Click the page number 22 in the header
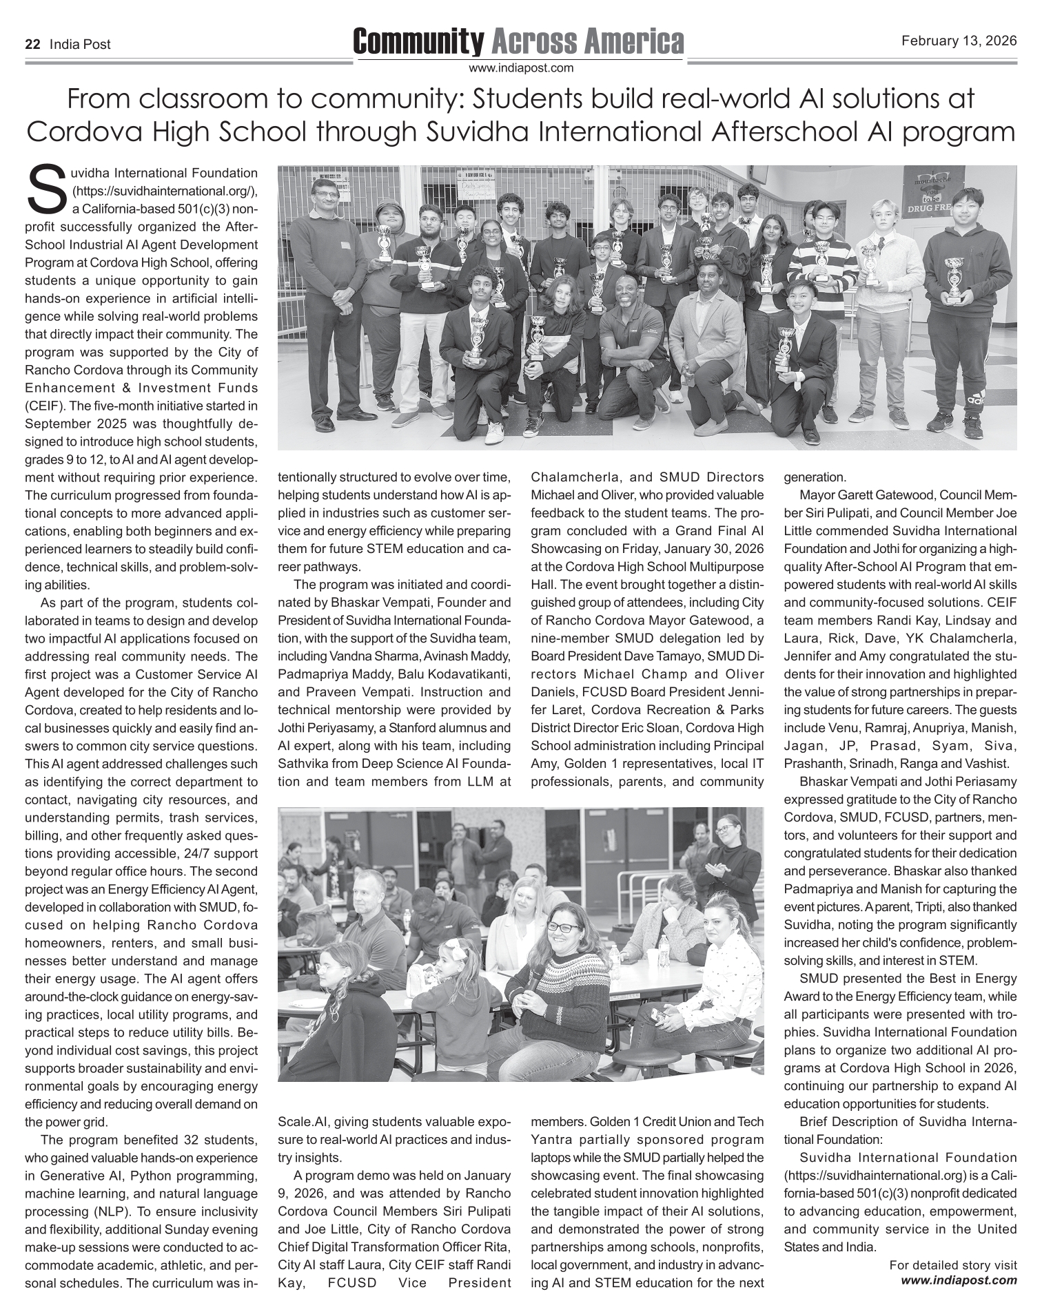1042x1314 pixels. pyautogui.click(x=32, y=45)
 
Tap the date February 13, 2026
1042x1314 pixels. pyautogui.click(x=959, y=41)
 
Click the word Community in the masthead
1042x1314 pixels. pyautogui.click(x=418, y=42)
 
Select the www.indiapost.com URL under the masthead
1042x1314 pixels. pyautogui.click(x=520, y=67)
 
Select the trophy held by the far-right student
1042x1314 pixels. pyautogui.click(x=954, y=277)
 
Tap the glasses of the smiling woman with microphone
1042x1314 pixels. pyautogui.click(x=563, y=928)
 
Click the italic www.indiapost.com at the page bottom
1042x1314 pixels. pyautogui.click(x=959, y=1280)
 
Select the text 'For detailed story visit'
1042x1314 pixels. pyautogui.click(x=952, y=1265)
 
